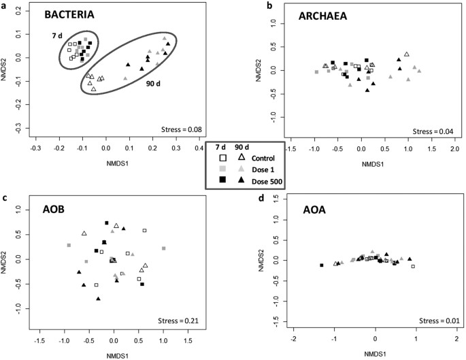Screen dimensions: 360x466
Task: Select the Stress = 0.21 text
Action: coord(179,318)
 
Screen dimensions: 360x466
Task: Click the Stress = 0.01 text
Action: coord(439,319)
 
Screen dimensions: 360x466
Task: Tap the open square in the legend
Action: coord(221,157)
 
